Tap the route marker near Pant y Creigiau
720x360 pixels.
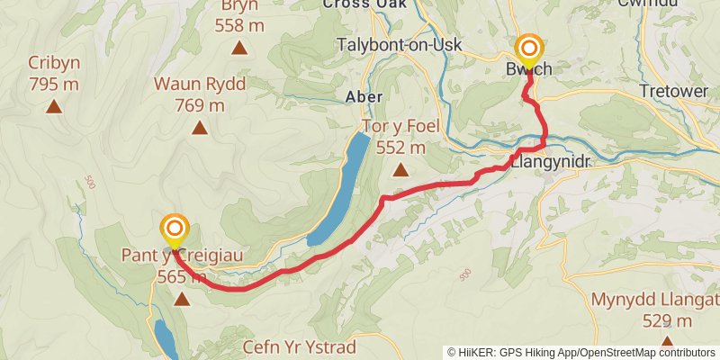(174, 229)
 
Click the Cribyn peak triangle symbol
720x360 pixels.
(53, 108)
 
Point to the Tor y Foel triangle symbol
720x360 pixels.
(400, 169)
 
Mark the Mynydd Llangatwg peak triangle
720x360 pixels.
(667, 342)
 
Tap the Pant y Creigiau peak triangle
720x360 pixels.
(182, 299)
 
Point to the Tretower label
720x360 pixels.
(675, 91)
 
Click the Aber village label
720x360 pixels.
(364, 96)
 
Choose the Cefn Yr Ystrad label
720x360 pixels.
(300, 346)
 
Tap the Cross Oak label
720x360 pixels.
(364, 4)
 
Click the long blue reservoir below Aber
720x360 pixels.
(340, 189)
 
